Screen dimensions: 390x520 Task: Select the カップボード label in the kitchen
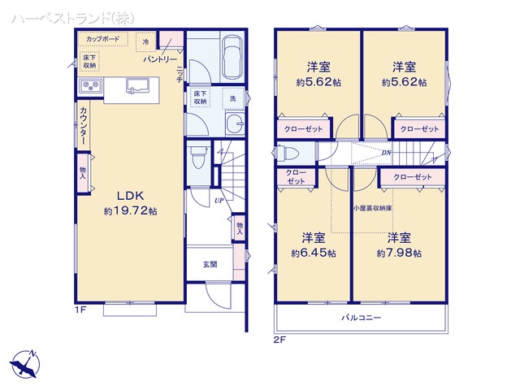pyautogui.click(x=102, y=39)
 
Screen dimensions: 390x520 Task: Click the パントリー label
pyautogui.click(x=160, y=60)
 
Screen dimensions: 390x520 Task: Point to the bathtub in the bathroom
pyautogui.click(x=232, y=57)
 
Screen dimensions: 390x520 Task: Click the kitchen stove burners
pyautogui.click(x=89, y=86)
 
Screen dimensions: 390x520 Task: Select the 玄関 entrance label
pyautogui.click(x=210, y=265)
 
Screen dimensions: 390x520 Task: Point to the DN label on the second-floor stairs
pyautogui.click(x=387, y=152)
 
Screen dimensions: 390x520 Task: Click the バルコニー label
pyautogui.click(x=361, y=317)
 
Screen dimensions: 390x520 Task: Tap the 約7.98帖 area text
pyautogui.click(x=398, y=253)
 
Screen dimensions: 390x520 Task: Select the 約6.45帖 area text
pyautogui.click(x=314, y=253)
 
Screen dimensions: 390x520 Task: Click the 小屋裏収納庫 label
pyautogui.click(x=373, y=209)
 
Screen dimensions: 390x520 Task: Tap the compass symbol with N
pyautogui.click(x=24, y=363)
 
